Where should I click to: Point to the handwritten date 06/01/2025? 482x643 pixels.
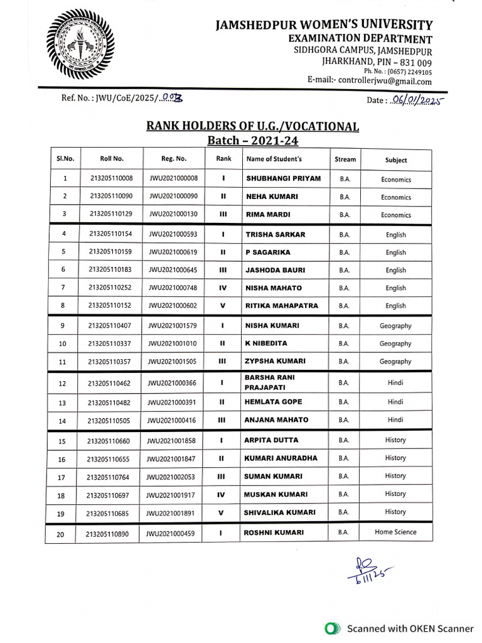415,100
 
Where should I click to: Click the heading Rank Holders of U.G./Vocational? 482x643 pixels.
252,126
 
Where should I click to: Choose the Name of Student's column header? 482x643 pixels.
274,159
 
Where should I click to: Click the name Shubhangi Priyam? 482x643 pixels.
283,178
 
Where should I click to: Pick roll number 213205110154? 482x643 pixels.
111,235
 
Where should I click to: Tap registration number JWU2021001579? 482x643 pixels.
173,326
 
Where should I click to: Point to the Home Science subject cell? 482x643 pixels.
395,532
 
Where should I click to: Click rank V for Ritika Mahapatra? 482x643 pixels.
223,306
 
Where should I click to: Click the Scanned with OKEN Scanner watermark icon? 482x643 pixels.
331,628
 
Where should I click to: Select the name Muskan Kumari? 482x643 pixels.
275,494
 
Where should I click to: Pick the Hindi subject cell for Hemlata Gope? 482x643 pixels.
395,402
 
